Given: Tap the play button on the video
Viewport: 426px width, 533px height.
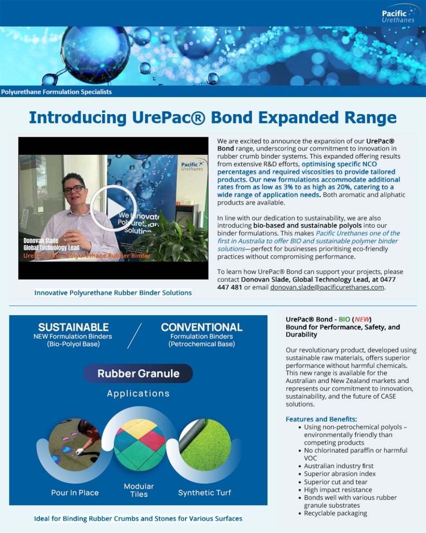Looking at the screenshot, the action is point(114,208).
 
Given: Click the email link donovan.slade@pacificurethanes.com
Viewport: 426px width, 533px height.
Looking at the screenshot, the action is point(327,287).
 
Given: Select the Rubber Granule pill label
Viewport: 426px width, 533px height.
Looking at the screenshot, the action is point(138,373).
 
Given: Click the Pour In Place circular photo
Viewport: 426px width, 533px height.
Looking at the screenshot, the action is point(75,445).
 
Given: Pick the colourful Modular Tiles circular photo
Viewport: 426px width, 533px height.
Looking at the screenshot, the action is point(140,445).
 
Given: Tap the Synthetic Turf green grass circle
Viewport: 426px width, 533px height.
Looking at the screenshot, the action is point(205,445).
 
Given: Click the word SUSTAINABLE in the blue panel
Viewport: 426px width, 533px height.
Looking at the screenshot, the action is point(73,327).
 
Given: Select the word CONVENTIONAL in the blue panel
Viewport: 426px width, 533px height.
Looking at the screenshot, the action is point(201,327).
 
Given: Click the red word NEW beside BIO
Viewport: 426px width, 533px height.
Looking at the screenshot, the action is point(362,319).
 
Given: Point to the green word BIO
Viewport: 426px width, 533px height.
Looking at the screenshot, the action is point(344,319).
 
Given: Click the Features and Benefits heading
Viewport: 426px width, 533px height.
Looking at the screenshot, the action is point(321,419).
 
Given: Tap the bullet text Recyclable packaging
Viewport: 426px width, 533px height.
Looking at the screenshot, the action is point(335,513).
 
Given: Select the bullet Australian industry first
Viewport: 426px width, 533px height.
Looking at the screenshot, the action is point(339,466).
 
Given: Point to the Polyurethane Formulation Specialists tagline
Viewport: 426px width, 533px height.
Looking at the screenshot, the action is point(56,92).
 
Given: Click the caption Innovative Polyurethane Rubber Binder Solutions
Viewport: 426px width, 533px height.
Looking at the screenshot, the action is point(113,293).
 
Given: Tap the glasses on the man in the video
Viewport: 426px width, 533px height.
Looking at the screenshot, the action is point(74,189).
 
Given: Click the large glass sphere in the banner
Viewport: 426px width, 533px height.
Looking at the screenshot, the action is point(95,54).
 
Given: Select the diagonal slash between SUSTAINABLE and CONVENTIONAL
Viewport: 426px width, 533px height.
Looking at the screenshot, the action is point(134,336).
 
